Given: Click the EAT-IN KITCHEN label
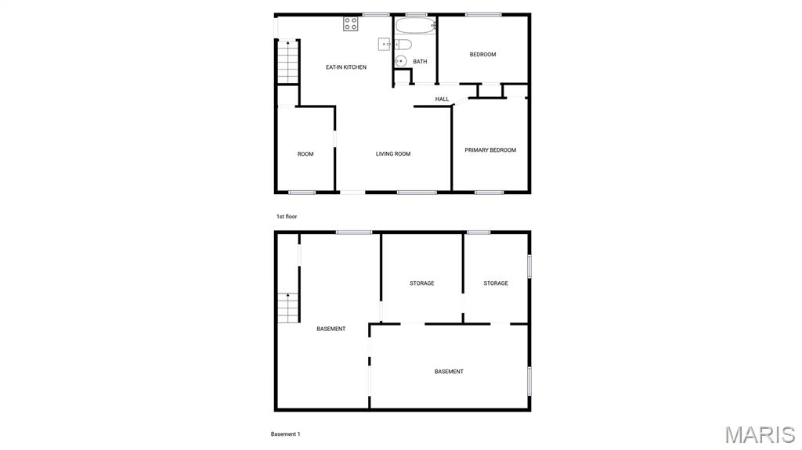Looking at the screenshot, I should point(345,67).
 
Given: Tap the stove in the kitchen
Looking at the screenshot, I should point(351,23).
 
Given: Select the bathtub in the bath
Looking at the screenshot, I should point(414,25).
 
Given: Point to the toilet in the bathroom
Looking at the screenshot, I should point(402,44).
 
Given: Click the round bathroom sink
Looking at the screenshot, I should point(399,60).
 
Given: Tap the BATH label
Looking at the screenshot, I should point(420,62).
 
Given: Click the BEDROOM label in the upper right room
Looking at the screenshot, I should point(482,54).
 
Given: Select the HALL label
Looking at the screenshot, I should point(442,99).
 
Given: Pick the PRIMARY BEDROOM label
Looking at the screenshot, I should point(490,150).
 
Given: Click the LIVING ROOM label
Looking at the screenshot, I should point(393,154).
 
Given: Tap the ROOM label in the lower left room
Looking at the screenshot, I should point(305,154).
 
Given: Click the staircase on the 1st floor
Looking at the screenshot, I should point(287,62).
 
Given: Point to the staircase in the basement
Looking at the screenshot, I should point(287,307).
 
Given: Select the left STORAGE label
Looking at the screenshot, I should point(421,283).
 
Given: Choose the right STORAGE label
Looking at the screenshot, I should point(496,283).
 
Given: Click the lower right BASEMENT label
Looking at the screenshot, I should point(449,372).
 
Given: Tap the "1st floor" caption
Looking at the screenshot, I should point(287,216).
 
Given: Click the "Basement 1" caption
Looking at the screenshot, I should point(286,434).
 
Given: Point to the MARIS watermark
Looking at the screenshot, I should point(759,434).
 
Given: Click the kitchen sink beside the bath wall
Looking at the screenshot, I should point(385,45).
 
